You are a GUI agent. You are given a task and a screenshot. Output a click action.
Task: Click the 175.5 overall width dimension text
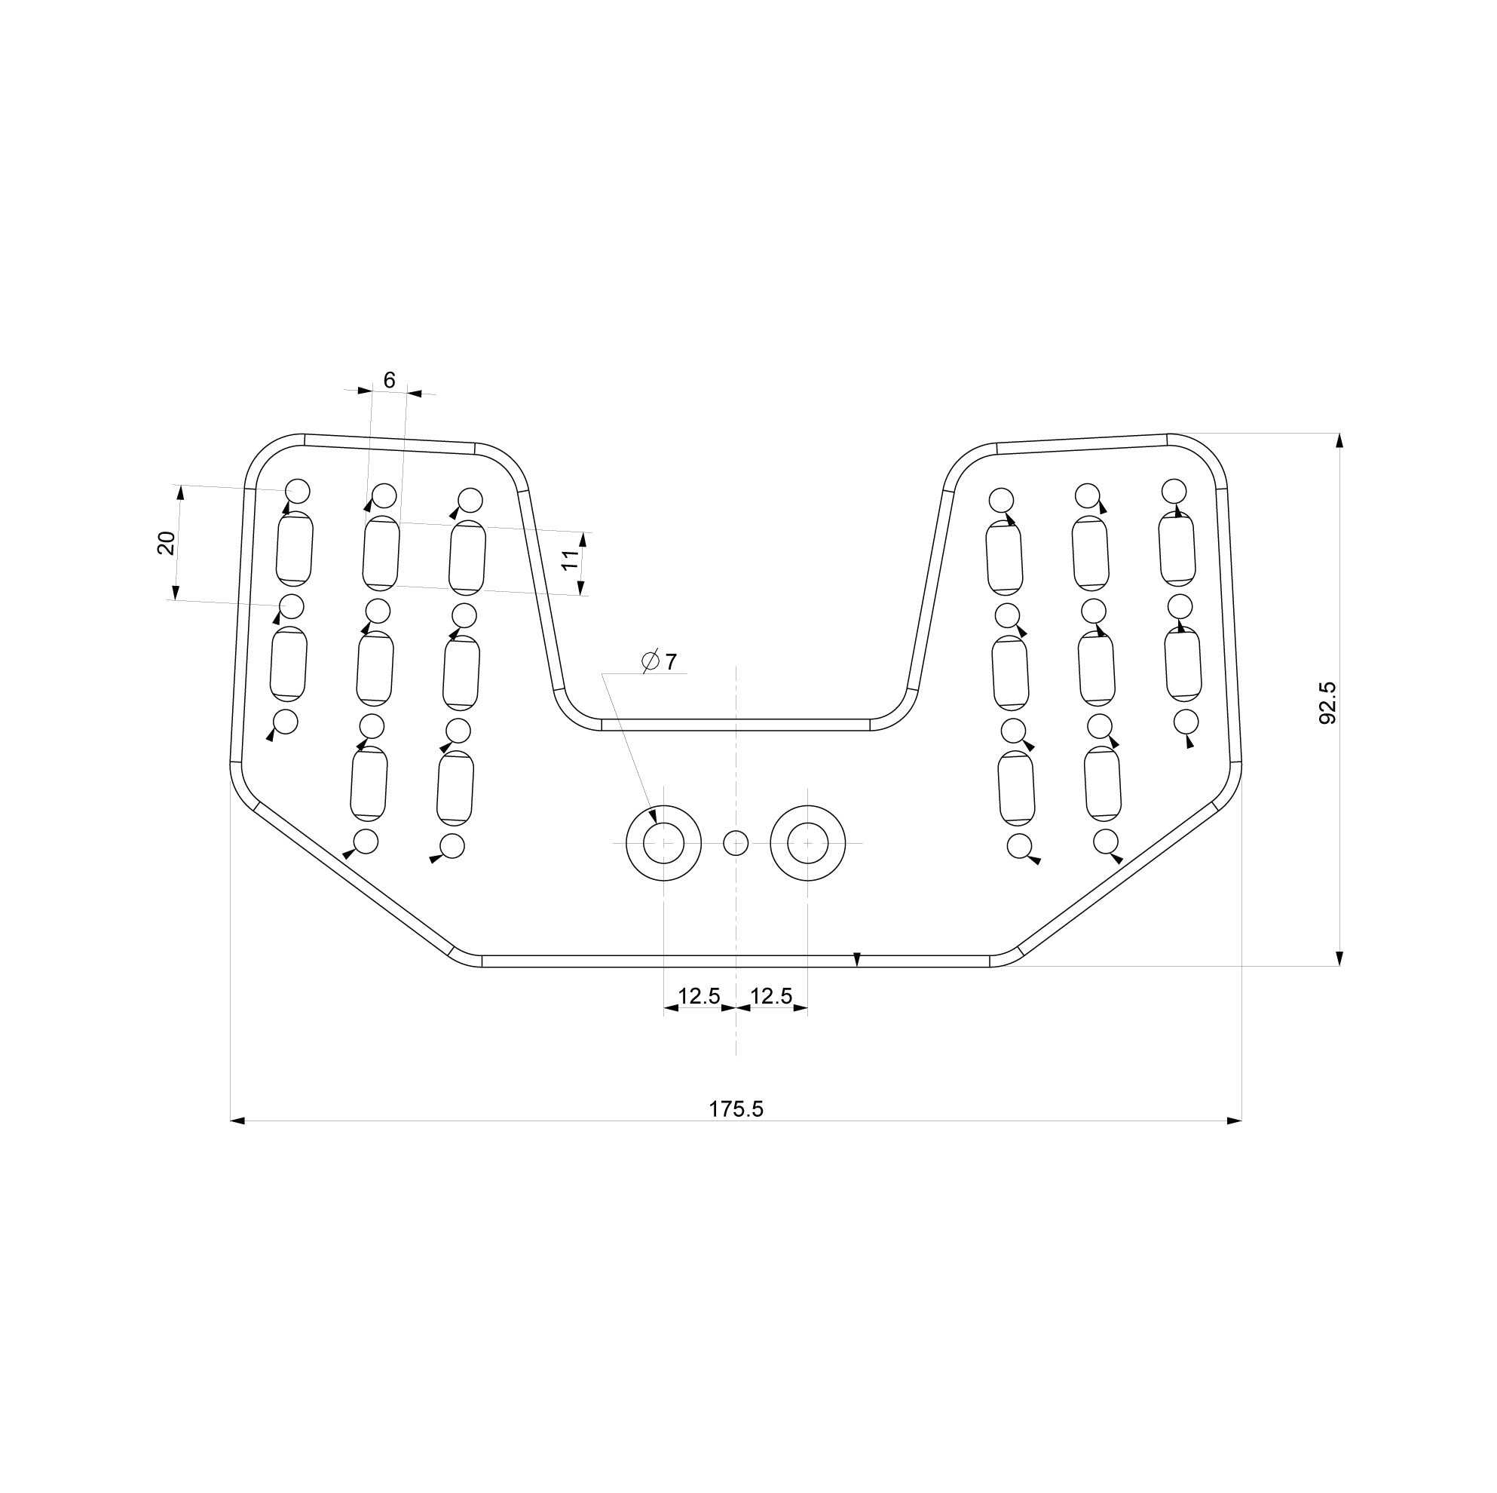[x=736, y=1109]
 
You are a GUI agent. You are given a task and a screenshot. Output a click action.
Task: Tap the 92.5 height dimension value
[x=1327, y=703]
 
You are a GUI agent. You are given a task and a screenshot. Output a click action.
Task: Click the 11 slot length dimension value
[x=571, y=559]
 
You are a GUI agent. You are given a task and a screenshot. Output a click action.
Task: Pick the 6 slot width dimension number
[x=389, y=380]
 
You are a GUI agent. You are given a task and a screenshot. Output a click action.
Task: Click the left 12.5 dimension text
[x=699, y=996]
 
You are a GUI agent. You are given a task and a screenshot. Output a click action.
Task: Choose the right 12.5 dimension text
[x=772, y=996]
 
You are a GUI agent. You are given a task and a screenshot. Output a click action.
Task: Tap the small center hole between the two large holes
[x=736, y=842]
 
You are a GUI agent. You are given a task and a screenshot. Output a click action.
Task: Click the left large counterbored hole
[x=663, y=842]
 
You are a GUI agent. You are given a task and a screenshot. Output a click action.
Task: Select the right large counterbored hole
[x=807, y=842]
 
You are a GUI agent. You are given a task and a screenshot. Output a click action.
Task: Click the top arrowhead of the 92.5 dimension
[x=1339, y=441]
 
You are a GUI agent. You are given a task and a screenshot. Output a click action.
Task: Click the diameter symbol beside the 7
[x=650, y=661]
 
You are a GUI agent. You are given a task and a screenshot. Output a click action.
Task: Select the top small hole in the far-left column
[x=298, y=491]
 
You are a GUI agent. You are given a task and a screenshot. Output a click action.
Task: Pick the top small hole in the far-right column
[x=1174, y=491]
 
